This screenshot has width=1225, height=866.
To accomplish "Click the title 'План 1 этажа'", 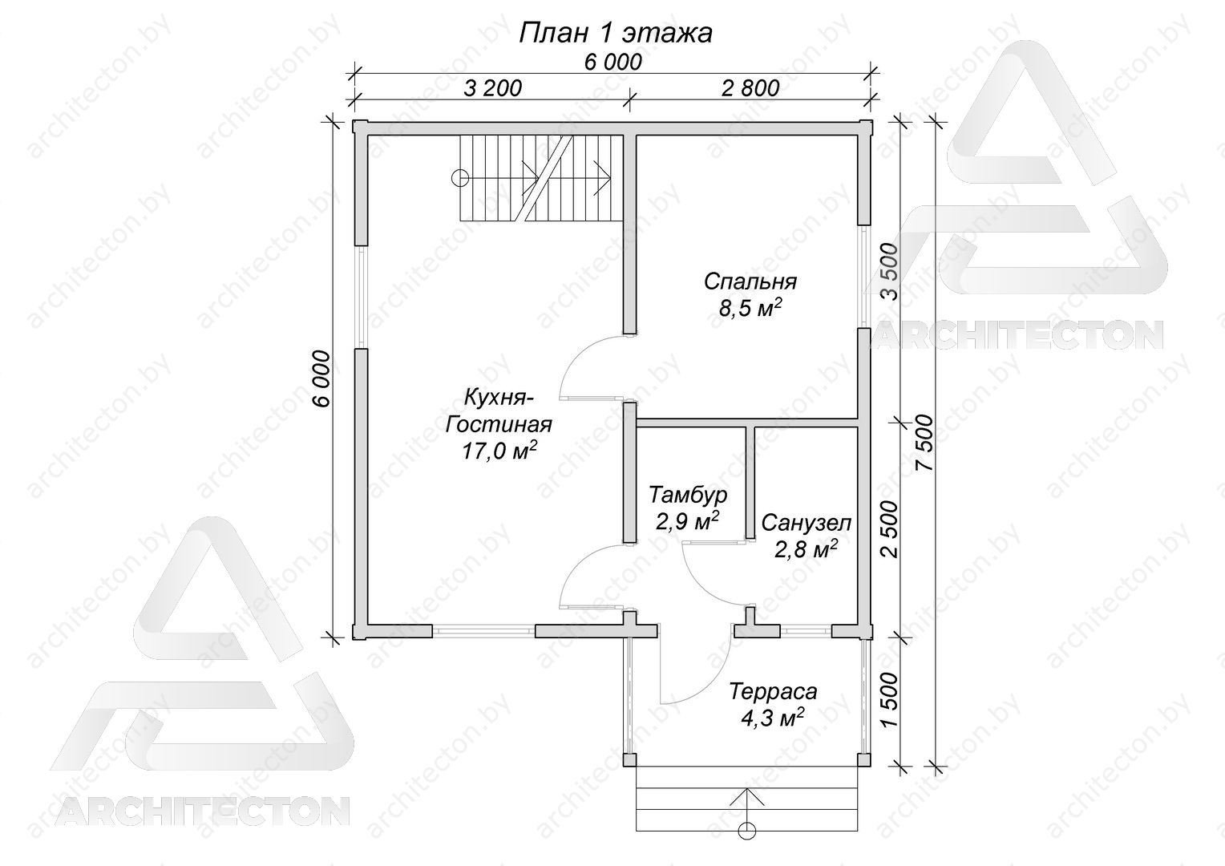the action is click(x=615, y=34).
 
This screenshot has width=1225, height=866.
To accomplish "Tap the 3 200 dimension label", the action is click(x=493, y=88).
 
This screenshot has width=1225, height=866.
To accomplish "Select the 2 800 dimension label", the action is click(x=750, y=88).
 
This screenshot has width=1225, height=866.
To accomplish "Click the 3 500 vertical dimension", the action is click(x=891, y=272).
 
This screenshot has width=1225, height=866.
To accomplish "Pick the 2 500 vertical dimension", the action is click(x=891, y=529).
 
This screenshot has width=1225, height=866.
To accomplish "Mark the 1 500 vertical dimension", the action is click(x=891, y=700).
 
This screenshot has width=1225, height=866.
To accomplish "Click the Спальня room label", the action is click(x=750, y=281).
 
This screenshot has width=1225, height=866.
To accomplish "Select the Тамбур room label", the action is click(x=688, y=495).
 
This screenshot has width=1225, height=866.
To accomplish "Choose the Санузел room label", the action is click(x=806, y=523).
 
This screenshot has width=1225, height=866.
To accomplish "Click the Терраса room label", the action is click(x=774, y=691).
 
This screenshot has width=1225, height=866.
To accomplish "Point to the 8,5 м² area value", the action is click(x=750, y=308).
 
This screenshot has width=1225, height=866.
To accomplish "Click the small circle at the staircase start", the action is click(x=460, y=178).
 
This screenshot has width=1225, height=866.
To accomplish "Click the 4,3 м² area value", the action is click(x=772, y=717).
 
